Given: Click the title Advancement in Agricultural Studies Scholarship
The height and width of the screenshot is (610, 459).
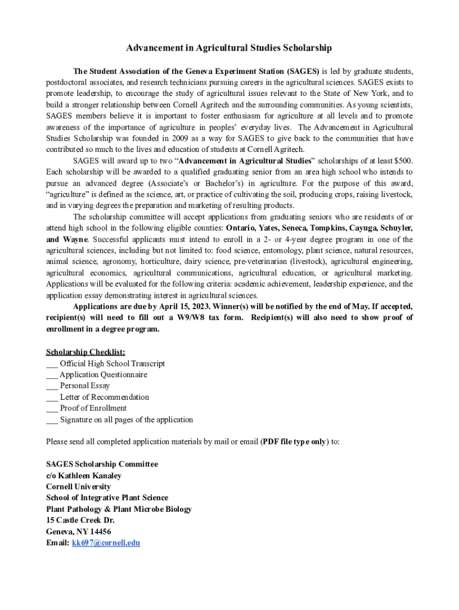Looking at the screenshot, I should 229,48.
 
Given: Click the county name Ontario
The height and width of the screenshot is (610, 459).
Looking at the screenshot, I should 243,228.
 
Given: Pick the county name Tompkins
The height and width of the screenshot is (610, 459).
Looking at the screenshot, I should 326,228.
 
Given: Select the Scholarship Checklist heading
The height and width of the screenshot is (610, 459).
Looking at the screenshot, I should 85,352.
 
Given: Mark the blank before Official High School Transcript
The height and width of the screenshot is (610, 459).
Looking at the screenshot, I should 52,364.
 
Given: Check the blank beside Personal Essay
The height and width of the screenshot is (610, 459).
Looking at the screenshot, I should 52,386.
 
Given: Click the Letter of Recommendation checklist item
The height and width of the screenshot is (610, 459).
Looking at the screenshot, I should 104,397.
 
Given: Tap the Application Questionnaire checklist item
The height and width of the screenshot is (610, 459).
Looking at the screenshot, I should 103,375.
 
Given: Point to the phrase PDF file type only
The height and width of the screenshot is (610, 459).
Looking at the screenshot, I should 294,442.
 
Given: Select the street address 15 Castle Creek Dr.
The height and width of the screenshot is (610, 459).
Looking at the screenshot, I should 80,520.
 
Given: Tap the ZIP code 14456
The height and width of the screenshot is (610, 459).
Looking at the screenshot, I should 99,531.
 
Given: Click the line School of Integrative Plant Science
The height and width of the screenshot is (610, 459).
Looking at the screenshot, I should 107,498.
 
